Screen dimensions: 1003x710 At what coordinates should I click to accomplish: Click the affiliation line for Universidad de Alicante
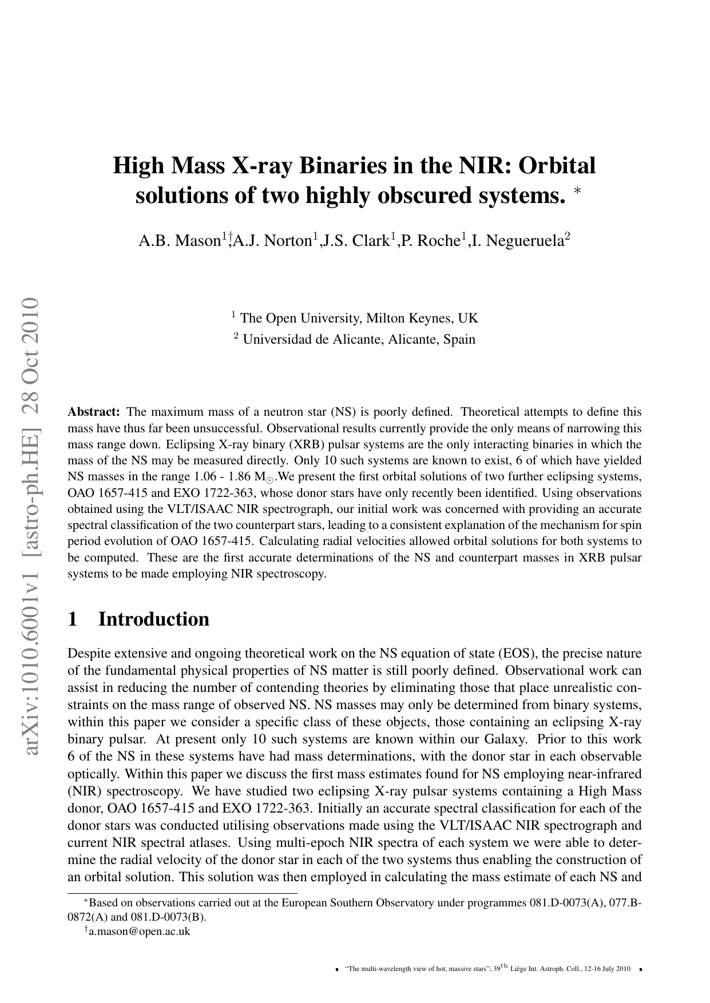(x=355, y=339)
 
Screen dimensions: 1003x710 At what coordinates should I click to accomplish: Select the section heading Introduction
(x=154, y=619)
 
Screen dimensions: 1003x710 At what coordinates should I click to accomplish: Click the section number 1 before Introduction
(x=73, y=619)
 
